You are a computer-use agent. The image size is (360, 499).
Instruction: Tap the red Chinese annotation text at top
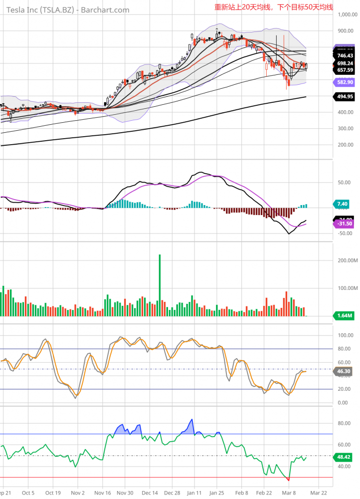coord(273,7)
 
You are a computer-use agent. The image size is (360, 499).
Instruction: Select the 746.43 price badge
coord(345,56)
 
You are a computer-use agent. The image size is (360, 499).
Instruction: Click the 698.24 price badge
coord(345,63)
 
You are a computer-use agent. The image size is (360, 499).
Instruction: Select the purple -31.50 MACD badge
coord(345,224)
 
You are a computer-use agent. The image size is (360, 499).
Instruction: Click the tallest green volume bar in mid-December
coord(160,284)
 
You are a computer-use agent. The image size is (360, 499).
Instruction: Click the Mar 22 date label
coord(319,493)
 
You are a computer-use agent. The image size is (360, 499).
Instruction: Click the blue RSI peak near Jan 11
coord(191,421)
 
